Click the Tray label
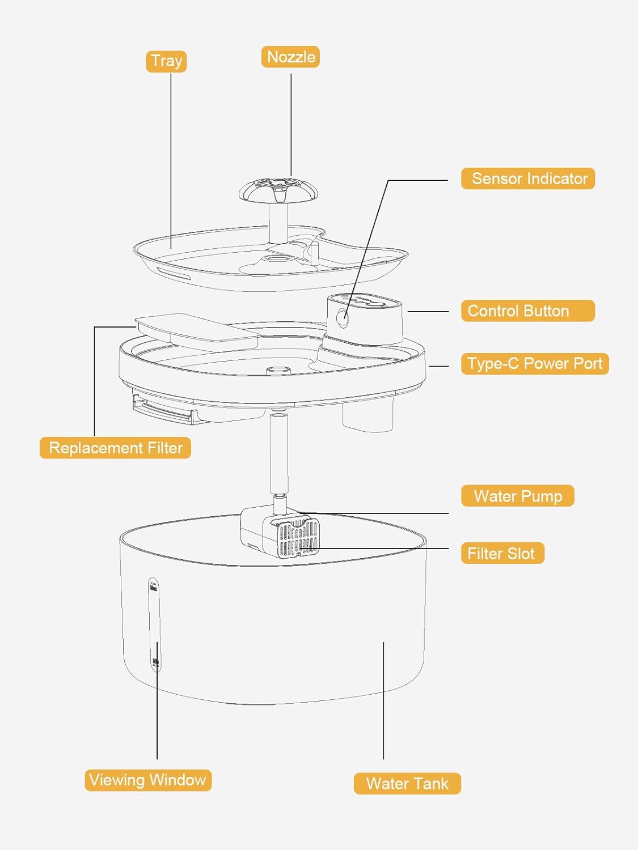tap(166, 61)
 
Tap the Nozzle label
tap(290, 57)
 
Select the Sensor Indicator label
tap(528, 178)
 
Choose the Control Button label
tap(528, 311)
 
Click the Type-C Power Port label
tap(535, 364)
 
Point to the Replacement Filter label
tap(116, 448)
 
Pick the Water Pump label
tap(518, 496)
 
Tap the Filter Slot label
tap(502, 553)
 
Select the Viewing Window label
tap(148, 780)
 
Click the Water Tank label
tap(407, 783)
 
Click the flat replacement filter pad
tap(197, 333)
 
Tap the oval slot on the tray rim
tap(173, 273)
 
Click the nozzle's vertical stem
tap(278, 223)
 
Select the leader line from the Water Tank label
tap(383, 700)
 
